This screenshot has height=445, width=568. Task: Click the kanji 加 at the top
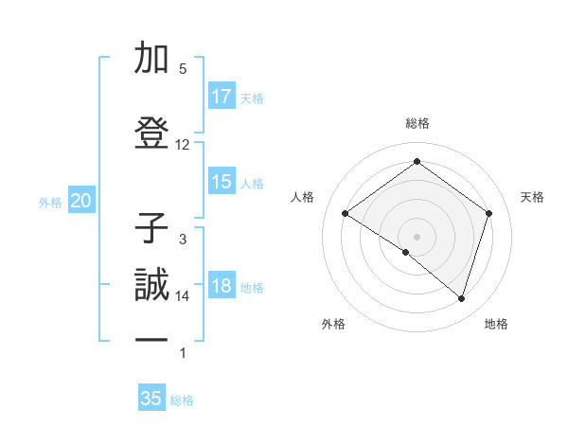tap(151, 60)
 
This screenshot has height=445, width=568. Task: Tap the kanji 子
tap(151, 229)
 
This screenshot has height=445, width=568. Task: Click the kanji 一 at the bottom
tap(151, 339)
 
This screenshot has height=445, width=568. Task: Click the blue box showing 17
tap(222, 97)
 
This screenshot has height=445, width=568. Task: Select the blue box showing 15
tap(222, 183)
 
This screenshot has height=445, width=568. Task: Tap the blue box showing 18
tap(222, 287)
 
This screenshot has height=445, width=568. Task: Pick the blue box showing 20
tap(81, 201)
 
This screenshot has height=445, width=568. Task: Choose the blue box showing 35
tap(151, 399)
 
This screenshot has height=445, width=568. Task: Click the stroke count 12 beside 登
tap(183, 145)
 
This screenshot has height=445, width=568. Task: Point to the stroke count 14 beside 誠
tap(183, 296)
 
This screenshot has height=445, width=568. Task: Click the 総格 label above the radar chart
tap(417, 123)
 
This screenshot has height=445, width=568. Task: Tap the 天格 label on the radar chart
tap(532, 197)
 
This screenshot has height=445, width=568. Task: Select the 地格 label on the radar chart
tap(496, 324)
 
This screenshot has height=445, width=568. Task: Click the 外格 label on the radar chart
tap(333, 324)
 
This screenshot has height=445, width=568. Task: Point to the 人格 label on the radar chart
tap(302, 197)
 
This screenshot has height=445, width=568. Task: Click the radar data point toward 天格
tap(488, 213)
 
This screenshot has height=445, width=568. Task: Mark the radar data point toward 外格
tap(406, 252)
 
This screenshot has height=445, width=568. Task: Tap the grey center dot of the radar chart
tap(417, 235)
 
